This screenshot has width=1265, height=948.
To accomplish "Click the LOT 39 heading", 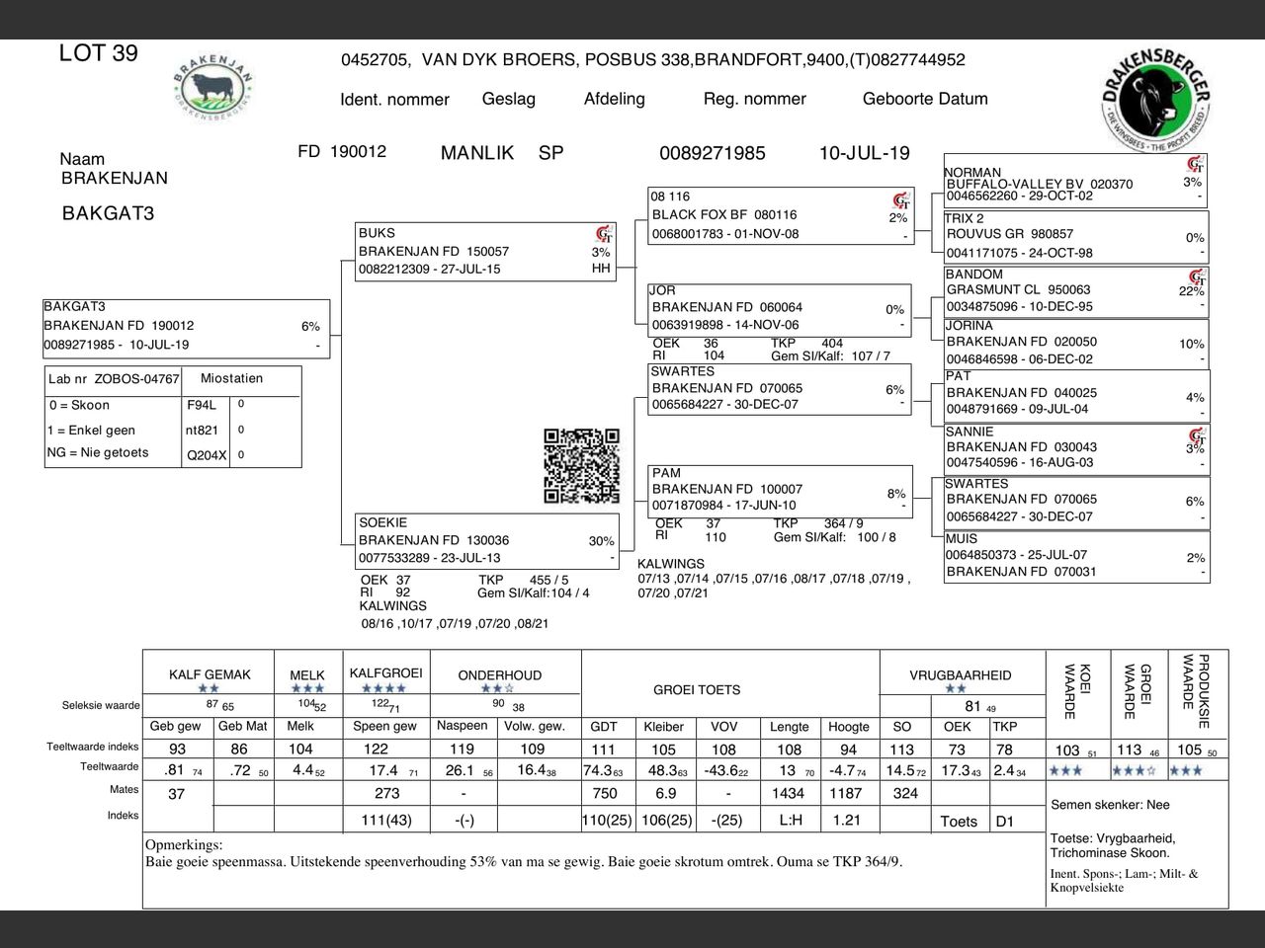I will pyautogui.click(x=99, y=53).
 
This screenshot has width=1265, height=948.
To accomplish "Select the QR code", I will pyautogui.click(x=581, y=465).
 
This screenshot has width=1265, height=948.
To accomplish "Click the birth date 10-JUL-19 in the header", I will pyautogui.click(x=864, y=153).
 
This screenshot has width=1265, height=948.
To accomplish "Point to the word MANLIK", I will pyautogui.click(x=477, y=153).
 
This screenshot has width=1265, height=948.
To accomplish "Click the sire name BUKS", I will pyautogui.click(x=377, y=233).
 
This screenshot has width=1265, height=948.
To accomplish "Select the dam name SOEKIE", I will pyautogui.click(x=382, y=522).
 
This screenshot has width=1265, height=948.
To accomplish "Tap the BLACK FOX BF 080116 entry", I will pyautogui.click(x=724, y=214).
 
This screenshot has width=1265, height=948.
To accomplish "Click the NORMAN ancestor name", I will pyautogui.click(x=973, y=172).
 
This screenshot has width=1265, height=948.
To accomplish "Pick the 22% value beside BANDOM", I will pyautogui.click(x=1191, y=291).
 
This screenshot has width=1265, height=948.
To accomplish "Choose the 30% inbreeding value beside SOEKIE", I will pyautogui.click(x=601, y=541).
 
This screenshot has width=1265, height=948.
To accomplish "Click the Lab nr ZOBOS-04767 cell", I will pyautogui.click(x=114, y=379).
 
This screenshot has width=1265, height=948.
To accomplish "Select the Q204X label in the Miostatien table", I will pyautogui.click(x=206, y=455).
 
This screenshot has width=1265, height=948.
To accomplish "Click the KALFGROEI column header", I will pyautogui.click(x=385, y=672).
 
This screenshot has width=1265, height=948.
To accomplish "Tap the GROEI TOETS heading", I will pyautogui.click(x=697, y=689).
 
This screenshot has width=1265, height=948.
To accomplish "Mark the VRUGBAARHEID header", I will pyautogui.click(x=960, y=675).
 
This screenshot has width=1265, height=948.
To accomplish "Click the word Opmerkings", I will pyautogui.click(x=184, y=845).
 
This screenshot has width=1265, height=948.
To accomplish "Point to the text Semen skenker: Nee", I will pyautogui.click(x=1110, y=805).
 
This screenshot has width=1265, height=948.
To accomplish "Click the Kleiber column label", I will pyautogui.click(x=663, y=726).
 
